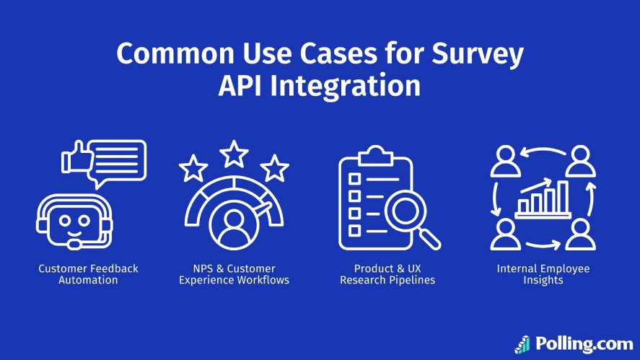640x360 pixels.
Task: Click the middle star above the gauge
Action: point(233,153)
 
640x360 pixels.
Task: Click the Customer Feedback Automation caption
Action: point(88,274)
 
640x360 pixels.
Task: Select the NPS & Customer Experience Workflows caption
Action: point(234,274)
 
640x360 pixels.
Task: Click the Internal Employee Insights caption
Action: point(543,274)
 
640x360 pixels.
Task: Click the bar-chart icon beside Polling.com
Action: point(522,344)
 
